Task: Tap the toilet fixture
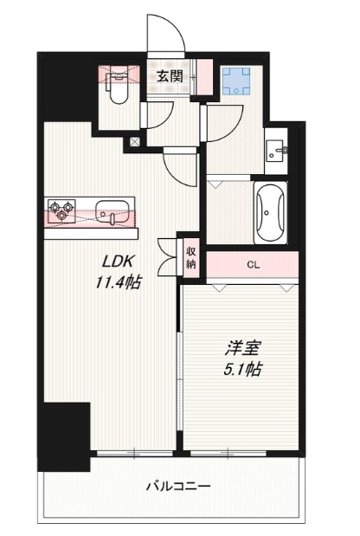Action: click(x=118, y=83)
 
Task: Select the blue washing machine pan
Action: click(x=235, y=81)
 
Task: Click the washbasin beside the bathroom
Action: click(x=278, y=150)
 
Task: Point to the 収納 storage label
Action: click(x=190, y=257)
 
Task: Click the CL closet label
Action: click(x=254, y=266)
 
